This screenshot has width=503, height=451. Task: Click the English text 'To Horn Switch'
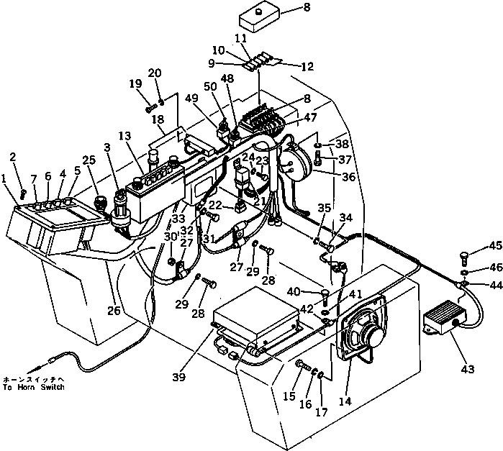tap(33, 388)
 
